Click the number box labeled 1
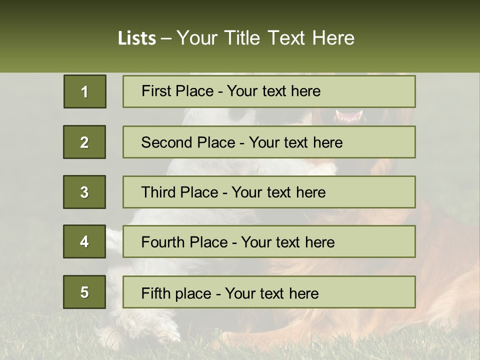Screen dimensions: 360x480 [85, 91]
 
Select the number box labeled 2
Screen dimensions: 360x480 [84, 142]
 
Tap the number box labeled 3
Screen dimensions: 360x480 [84, 192]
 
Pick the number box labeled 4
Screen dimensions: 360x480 [84, 242]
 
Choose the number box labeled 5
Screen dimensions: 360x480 [84, 292]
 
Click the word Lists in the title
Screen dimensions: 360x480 [137, 38]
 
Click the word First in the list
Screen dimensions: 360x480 [156, 91]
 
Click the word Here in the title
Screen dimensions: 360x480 [333, 38]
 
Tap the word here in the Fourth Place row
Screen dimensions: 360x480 [319, 242]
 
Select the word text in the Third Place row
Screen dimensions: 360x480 [277, 192]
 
